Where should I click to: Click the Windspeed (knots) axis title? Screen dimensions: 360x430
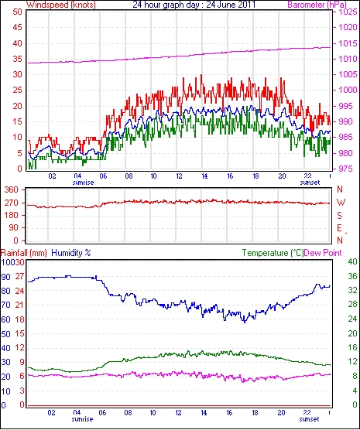click(x=61, y=5)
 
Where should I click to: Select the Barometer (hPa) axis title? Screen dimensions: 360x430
click(x=317, y=5)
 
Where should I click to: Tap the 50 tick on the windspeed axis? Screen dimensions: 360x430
click(x=17, y=12)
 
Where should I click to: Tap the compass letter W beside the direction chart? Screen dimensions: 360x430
click(x=341, y=203)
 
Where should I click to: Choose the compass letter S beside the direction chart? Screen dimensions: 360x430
click(x=340, y=216)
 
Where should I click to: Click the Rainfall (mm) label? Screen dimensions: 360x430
click(x=24, y=253)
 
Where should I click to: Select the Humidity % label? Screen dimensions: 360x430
click(x=71, y=253)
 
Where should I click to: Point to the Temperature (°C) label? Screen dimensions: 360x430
click(x=273, y=253)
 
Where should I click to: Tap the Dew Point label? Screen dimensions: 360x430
click(x=323, y=253)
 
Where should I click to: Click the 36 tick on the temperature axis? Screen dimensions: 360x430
click(x=352, y=276)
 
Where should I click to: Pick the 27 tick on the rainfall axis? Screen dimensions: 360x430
click(x=19, y=276)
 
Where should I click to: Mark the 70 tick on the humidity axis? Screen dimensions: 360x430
click(x=5, y=305)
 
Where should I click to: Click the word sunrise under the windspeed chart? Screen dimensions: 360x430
click(x=83, y=183)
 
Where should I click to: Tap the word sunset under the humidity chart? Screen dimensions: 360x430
click(x=309, y=419)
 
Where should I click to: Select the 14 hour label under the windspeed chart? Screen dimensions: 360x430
click(x=204, y=176)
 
